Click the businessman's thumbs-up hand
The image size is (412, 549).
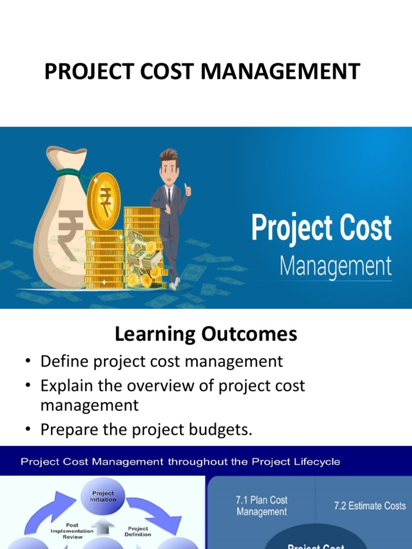[187, 189]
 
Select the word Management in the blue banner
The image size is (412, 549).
[336, 266]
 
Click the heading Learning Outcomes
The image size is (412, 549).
[206, 335]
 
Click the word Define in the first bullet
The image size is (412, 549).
[64, 361]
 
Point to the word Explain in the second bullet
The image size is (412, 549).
[69, 386]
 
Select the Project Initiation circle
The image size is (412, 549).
[103, 497]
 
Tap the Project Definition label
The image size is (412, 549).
[138, 531]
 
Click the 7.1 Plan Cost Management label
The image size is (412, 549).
[262, 506]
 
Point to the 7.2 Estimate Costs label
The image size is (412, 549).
[370, 506]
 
